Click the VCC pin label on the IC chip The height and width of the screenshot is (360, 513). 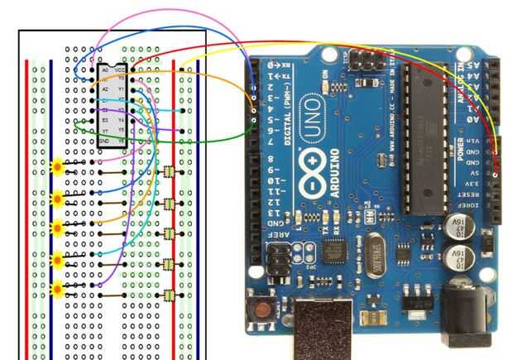[x=120, y=70]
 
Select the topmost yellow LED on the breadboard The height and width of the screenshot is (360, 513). [x=58, y=166]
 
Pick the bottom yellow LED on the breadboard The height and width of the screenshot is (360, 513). [x=58, y=290]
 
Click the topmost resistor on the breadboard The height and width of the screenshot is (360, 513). [x=169, y=172]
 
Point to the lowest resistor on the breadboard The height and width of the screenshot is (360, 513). [x=169, y=295]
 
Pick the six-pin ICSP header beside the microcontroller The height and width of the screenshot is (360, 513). [x=364, y=60]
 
